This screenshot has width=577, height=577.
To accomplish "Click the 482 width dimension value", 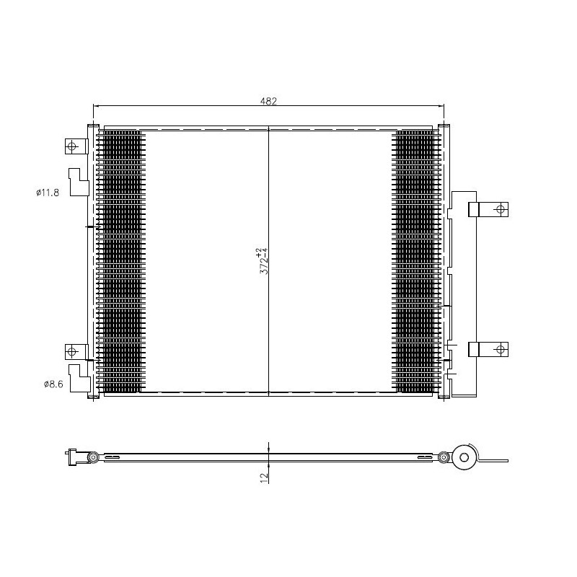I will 268,102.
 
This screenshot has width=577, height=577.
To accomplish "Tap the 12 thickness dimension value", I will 264,476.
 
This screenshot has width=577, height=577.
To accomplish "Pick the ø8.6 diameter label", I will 53,384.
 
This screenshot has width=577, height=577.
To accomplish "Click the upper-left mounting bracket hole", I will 71,146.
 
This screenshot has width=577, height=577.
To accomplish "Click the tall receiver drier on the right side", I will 463,294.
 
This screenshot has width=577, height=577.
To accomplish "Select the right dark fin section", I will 416,261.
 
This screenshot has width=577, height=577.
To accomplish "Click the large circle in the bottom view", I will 463,456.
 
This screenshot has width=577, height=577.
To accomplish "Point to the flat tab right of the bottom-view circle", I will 496,460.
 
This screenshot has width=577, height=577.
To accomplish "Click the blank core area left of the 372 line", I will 206,261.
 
